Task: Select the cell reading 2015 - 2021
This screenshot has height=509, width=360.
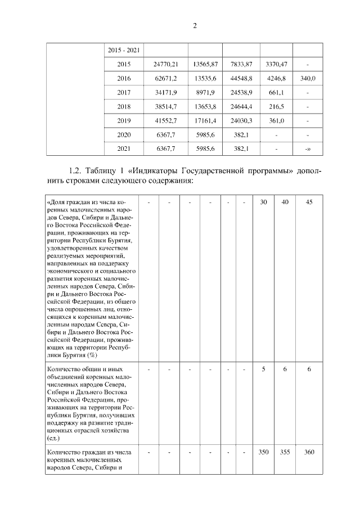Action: (x=124, y=50)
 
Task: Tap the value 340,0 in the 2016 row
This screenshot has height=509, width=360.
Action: (x=308, y=78)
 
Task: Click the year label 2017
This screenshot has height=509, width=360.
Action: (x=124, y=92)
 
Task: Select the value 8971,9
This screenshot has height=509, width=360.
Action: (x=205, y=92)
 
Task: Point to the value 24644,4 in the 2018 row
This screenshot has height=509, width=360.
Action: (x=241, y=106)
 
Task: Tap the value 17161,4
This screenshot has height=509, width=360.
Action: (x=205, y=120)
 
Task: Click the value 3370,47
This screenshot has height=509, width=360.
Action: (x=276, y=64)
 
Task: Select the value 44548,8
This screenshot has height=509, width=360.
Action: (x=241, y=78)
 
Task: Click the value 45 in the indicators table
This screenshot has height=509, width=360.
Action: (x=308, y=201)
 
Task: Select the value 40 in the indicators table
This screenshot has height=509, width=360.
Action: (x=285, y=201)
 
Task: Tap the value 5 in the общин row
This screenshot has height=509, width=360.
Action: (x=263, y=369)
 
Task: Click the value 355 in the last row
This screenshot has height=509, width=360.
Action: (x=285, y=452)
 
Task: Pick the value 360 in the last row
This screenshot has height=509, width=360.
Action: (x=308, y=452)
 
